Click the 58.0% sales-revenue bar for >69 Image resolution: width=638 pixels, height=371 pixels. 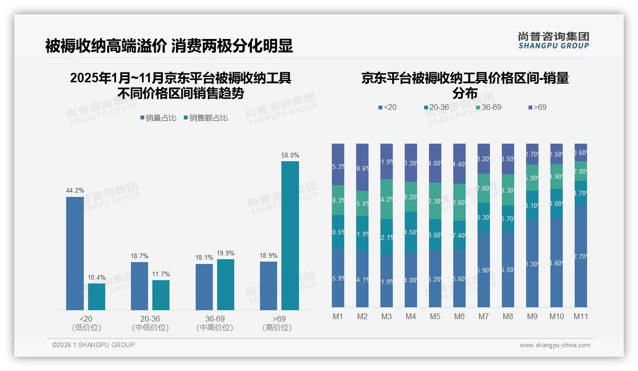click(290, 235)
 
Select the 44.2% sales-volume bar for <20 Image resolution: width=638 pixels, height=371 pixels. click(75, 253)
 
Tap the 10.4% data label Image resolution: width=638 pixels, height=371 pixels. click(97, 277)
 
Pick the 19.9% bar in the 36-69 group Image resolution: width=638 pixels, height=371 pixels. click(226, 284)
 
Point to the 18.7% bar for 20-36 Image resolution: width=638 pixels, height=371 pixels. click(140, 286)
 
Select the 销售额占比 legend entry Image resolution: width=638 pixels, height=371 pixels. click(205, 118)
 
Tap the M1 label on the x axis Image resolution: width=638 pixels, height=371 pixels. click(338, 316)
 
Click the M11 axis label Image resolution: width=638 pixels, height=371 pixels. click(580, 316)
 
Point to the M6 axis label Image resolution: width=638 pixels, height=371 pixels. click(459, 316)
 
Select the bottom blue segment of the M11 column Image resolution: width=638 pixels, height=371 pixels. click(580, 256)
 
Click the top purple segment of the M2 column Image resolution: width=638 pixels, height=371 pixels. click(362, 167)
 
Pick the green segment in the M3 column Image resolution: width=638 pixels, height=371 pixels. click(386, 199)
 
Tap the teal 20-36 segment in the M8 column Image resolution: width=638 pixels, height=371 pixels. click(508, 218)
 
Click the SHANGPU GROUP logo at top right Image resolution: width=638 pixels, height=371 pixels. click(553, 40)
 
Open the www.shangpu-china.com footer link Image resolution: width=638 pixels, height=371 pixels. click(555, 345)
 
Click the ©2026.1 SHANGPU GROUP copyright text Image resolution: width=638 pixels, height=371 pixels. click(93, 345)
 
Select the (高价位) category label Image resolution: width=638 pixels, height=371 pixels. click(277, 328)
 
